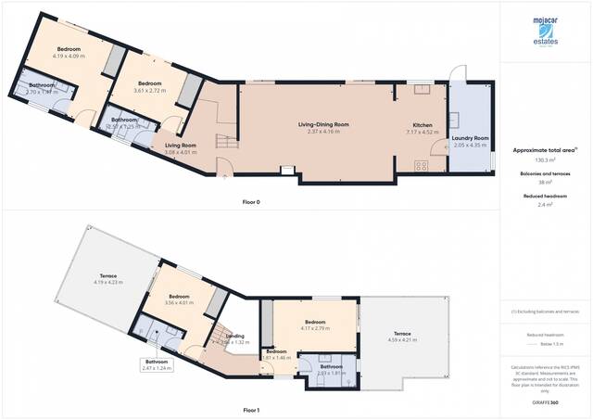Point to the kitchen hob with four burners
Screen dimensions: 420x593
click(x=420, y=166)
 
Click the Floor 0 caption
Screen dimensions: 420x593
click(x=250, y=201)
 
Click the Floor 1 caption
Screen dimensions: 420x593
click(x=250, y=409)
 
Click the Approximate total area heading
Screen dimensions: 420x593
click(x=544, y=149)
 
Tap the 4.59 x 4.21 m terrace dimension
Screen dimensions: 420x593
click(x=401, y=340)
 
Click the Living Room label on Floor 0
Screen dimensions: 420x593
click(x=181, y=146)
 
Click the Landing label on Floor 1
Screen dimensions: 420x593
click(x=235, y=336)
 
